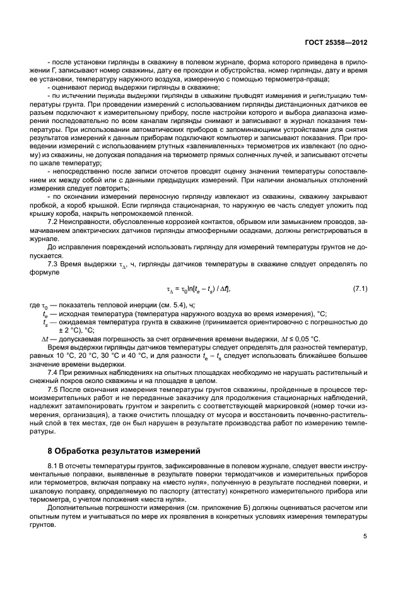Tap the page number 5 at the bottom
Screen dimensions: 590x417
click(x=365, y=536)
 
